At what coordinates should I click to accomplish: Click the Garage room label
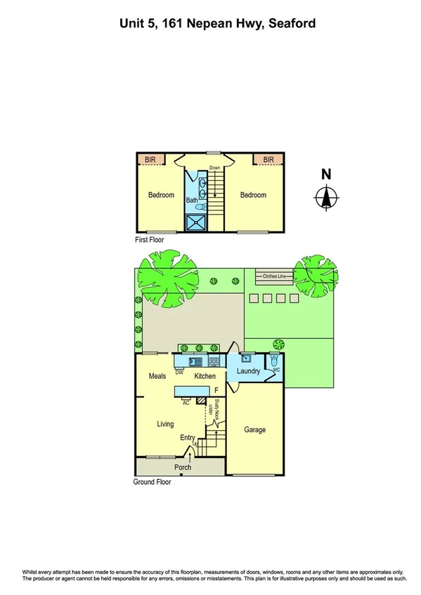[x=254, y=429]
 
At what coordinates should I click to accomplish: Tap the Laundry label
[x=249, y=371]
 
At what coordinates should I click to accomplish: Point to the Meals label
[x=157, y=377]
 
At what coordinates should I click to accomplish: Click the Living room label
[x=165, y=424]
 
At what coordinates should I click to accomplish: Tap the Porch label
[x=182, y=467]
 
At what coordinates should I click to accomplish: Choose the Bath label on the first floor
[x=192, y=200]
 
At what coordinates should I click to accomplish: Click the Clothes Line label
[x=276, y=276]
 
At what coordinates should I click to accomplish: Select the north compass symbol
[x=325, y=198]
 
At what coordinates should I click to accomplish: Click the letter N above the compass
[x=325, y=175]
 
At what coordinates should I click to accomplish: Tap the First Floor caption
[x=150, y=240]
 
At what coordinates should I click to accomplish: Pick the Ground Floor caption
[x=152, y=482]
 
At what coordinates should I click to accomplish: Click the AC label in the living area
[x=186, y=403]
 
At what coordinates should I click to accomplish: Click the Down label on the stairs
[x=214, y=168]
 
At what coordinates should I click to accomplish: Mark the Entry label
[x=187, y=438]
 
